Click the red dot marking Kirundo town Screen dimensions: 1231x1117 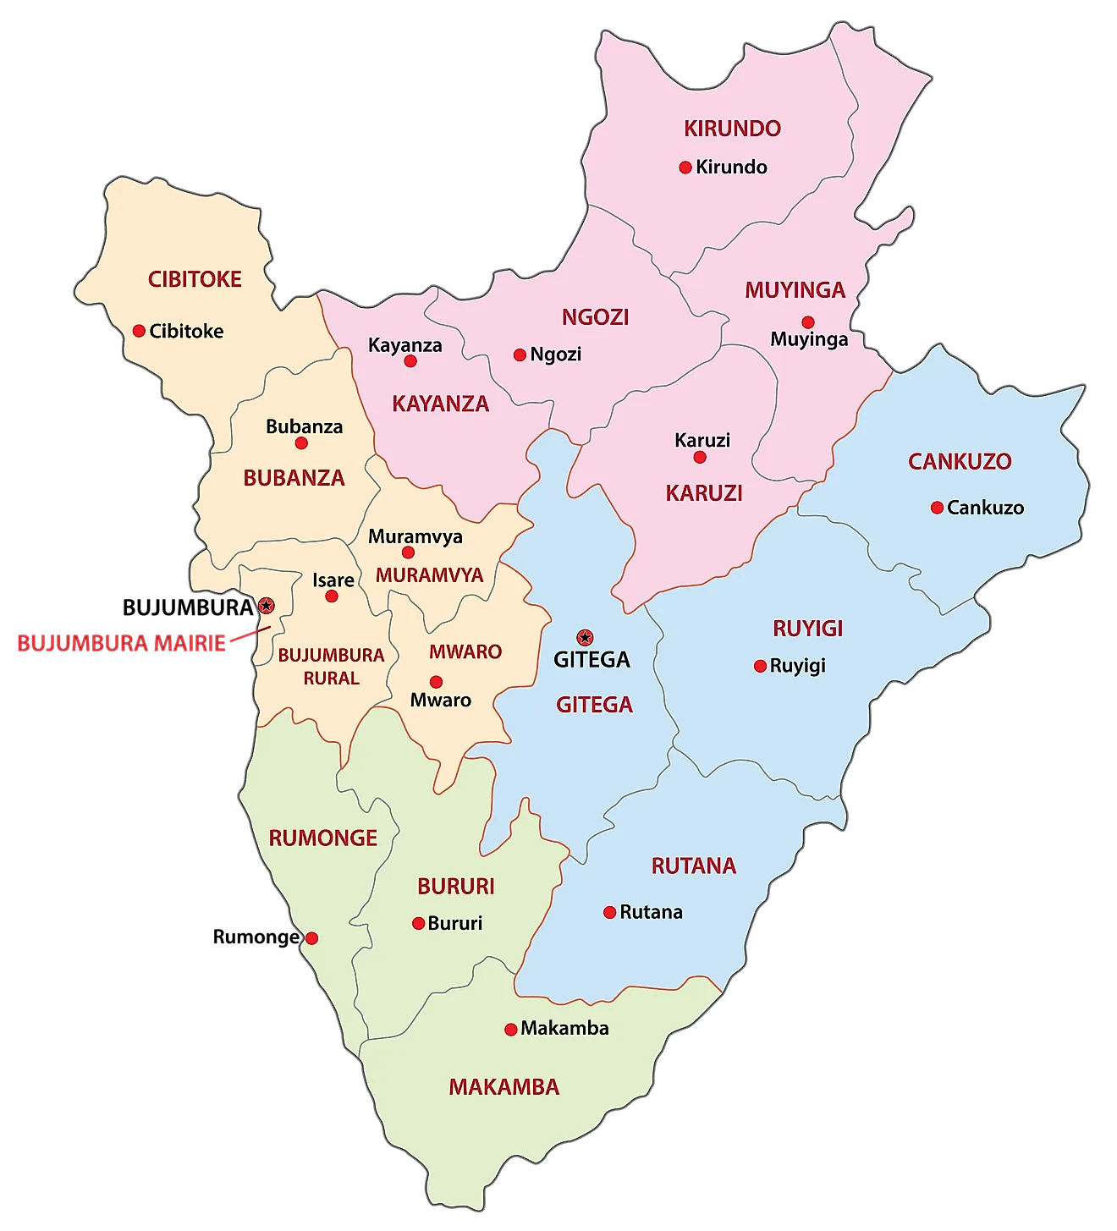pyautogui.click(x=685, y=168)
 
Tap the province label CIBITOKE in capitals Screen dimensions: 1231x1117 pyautogui.click(x=195, y=279)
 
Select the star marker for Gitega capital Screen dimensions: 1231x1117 pyautogui.click(x=584, y=637)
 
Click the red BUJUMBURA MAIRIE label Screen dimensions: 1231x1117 pyautogui.click(x=121, y=643)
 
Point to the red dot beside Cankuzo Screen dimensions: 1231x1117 pyautogui.click(x=937, y=508)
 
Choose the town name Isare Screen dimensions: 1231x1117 pyautogui.click(x=333, y=580)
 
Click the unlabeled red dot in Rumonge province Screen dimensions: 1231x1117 pyautogui.click(x=311, y=937)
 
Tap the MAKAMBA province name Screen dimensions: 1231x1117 pyautogui.click(x=504, y=1086)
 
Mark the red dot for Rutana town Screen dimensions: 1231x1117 pyautogui.click(x=609, y=912)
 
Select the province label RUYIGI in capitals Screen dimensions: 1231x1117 pyautogui.click(x=808, y=628)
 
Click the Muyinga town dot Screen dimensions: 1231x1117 pyautogui.click(x=808, y=321)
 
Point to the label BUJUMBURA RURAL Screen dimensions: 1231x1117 pyautogui.click(x=331, y=666)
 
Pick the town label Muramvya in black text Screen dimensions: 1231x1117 pyautogui.click(x=415, y=536)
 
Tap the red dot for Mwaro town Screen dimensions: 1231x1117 pyautogui.click(x=436, y=682)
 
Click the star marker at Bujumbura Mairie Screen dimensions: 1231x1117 pyautogui.click(x=267, y=605)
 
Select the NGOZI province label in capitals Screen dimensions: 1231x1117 pyautogui.click(x=596, y=316)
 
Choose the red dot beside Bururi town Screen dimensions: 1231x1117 pyautogui.click(x=418, y=923)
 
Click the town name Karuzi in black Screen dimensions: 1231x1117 pyautogui.click(x=702, y=440)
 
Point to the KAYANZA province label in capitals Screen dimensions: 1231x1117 pyautogui.click(x=440, y=404)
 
